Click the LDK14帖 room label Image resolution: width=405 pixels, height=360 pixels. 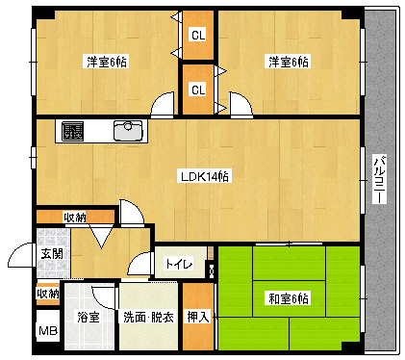[x=204, y=176]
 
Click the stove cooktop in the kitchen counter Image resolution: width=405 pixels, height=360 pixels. [x=72, y=131]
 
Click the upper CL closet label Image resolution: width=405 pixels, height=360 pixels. [x=198, y=37]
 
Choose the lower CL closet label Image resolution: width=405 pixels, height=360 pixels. [x=198, y=90]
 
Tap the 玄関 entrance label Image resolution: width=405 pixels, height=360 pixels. [x=52, y=254]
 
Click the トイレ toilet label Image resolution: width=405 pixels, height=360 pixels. [x=179, y=264]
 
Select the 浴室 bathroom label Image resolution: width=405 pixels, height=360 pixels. [x=89, y=317]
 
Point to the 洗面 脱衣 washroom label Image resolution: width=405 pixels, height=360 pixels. [x=148, y=317]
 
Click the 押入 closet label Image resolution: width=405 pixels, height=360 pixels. [x=197, y=317]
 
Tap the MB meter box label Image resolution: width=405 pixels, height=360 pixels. [x=47, y=332]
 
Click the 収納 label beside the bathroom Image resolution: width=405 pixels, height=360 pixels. [x=47, y=294]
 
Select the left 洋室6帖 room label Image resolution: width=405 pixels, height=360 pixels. [x=108, y=62]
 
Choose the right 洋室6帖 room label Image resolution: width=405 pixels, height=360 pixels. [x=289, y=62]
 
